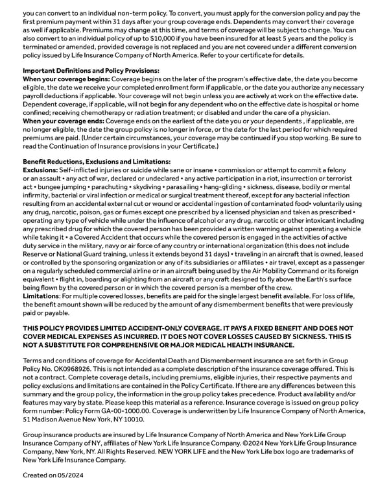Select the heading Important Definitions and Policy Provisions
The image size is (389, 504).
[91, 70]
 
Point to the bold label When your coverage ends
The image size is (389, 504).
[63, 121]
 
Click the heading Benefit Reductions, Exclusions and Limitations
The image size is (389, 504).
[97, 161]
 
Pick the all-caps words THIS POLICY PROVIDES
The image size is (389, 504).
[67, 329]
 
